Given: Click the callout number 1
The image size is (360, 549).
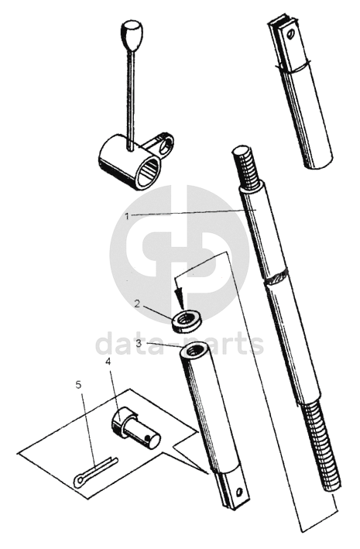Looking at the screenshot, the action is pos(128,216).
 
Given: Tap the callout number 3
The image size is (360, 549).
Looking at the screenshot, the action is pos(139,343).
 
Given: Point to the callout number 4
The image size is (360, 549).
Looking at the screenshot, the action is pos(108,362).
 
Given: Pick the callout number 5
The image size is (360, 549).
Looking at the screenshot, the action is pos(78,385).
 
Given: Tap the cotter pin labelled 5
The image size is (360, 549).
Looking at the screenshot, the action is pos(95,472).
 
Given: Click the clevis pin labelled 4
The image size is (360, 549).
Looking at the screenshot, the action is pos(136,429).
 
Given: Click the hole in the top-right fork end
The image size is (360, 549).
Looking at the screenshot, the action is pos(290,34).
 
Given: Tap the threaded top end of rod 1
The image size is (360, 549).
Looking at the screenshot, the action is pos(246,167).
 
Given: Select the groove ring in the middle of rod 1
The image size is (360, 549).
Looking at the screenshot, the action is pos(277,278).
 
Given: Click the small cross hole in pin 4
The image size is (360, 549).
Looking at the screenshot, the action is pos(149,437).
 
